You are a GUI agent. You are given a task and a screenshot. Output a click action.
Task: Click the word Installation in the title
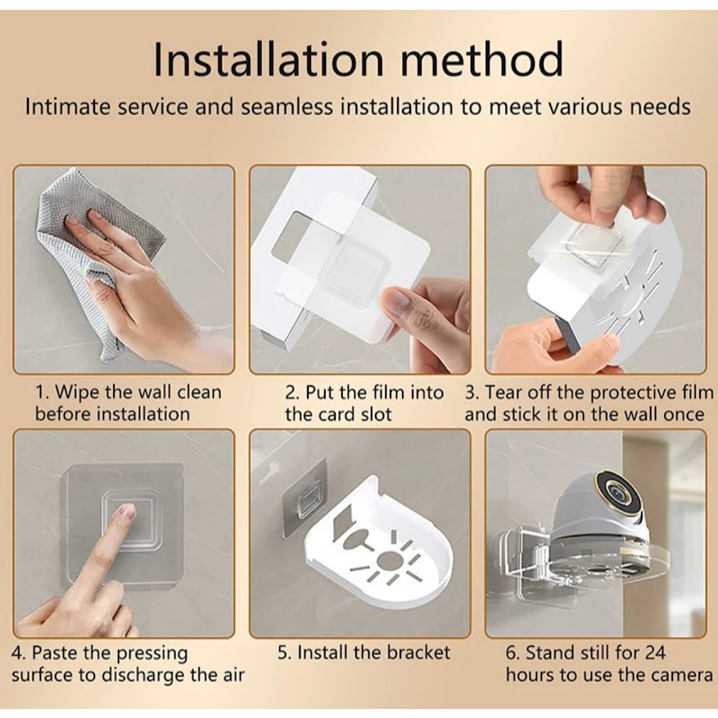pos(269,59)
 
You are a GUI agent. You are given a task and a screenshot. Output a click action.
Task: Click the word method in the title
pos(482,59)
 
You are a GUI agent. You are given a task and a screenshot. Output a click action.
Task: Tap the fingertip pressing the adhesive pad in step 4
pos(127,511)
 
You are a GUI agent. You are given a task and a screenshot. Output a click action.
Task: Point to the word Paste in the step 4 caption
pos(56,653)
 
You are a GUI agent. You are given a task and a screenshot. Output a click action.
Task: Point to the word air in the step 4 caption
pos(233,675)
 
